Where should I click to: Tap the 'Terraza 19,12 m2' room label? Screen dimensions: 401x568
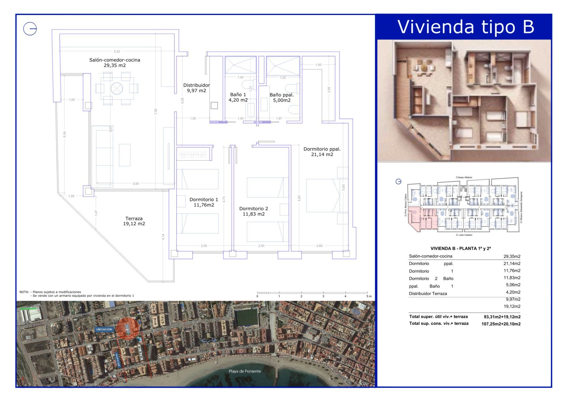pos(134,221)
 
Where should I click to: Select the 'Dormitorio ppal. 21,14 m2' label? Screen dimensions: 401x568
pos(322,152)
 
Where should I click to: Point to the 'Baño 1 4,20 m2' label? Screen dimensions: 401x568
pos(238,97)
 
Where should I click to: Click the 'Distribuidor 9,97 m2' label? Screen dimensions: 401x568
pos(196,88)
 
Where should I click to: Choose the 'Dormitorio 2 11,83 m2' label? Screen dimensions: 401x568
pos(254,211)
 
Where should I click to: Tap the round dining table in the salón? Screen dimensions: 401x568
pos(117,88)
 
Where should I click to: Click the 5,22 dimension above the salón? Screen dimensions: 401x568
pos(117,51)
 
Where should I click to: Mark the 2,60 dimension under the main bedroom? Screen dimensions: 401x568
pos(319,246)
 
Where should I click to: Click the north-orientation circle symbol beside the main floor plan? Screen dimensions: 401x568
pos(30,29)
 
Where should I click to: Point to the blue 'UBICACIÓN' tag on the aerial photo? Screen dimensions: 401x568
pos(104,329)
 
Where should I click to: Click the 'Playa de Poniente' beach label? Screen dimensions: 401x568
pos(245,371)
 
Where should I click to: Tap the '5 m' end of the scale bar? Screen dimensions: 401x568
pos(369,296)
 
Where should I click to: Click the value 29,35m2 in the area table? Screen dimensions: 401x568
pos(512,256)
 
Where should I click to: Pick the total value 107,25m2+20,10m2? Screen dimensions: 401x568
pos(501,324)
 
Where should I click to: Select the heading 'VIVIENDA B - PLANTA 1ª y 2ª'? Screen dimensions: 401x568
pos(460,249)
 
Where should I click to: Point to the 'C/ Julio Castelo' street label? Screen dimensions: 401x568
pos(464,235)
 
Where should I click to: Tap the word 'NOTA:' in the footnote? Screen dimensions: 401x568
pos(24,292)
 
